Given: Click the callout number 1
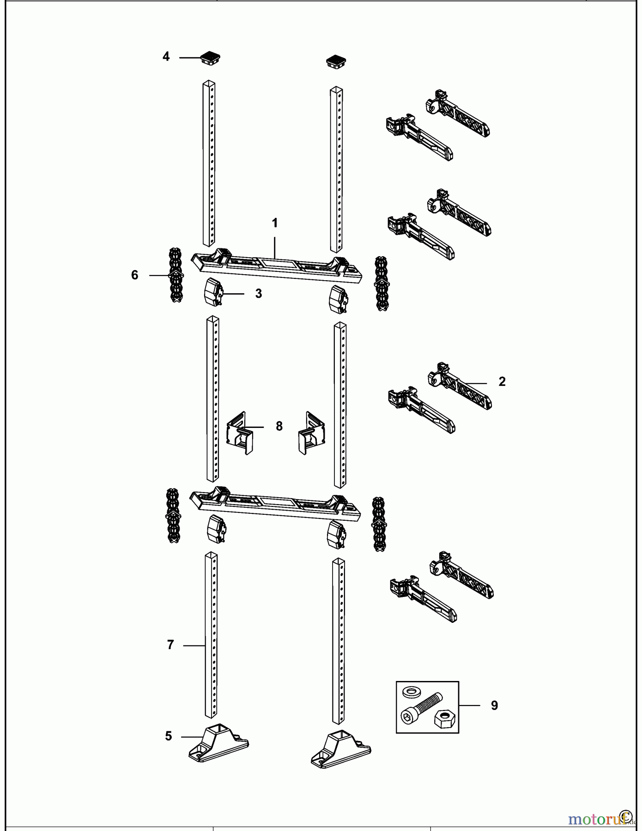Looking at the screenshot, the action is point(275,223).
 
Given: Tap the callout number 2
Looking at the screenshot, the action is point(502,382).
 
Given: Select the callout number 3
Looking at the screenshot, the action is point(259,294).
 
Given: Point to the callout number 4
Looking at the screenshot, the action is point(166,57).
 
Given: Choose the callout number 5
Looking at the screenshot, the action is point(169,736).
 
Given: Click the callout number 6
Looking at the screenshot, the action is point(134,275).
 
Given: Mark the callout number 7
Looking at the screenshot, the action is point(170,645).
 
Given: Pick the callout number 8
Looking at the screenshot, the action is point(279,426).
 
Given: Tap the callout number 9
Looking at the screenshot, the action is point(494,705).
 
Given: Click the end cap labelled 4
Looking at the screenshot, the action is point(210,58).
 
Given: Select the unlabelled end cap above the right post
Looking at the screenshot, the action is point(336,62).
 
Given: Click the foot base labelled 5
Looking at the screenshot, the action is point(218,743).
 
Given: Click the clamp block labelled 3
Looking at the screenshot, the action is point(213,292).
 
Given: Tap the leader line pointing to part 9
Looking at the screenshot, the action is point(470,705).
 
